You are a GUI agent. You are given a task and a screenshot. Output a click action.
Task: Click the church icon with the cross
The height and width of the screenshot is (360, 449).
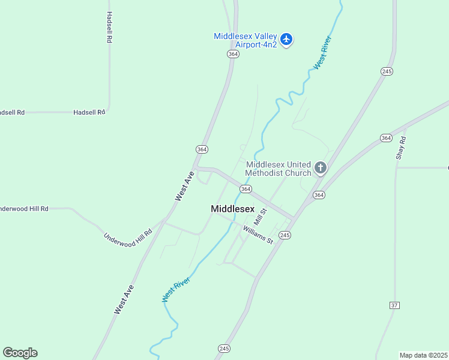tap(321, 168)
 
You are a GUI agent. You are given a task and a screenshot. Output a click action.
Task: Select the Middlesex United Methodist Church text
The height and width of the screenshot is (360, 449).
tap(279, 169)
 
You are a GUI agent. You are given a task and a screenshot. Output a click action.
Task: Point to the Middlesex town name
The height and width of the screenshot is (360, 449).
tap(232, 209)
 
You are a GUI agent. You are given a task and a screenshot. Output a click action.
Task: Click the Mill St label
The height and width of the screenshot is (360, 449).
tap(259, 215)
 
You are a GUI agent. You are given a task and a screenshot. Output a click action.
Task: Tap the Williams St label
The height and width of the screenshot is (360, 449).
tap(258, 234)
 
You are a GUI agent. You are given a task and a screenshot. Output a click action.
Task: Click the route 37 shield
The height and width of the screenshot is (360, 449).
tap(394, 305)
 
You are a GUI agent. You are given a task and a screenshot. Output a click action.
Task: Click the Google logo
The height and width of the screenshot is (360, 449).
tap(20, 353)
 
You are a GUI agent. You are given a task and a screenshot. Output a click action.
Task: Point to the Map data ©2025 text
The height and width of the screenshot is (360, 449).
tap(423, 355)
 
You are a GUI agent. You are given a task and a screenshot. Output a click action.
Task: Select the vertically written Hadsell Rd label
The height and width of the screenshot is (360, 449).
tap(109, 27)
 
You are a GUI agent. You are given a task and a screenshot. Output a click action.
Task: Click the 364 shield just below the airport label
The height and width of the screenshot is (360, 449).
tap(234, 54)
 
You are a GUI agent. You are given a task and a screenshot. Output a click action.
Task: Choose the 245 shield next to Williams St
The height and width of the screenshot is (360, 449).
tap(285, 235)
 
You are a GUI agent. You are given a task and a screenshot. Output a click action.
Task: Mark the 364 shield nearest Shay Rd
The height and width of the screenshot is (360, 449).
tap(386, 138)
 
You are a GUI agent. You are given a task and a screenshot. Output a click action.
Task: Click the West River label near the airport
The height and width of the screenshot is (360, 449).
tap(322, 53)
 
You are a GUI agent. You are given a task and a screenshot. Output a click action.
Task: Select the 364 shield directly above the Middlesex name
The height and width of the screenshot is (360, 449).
tap(246, 188)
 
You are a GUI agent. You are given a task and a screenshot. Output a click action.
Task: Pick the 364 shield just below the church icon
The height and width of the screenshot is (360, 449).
tap(319, 194)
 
